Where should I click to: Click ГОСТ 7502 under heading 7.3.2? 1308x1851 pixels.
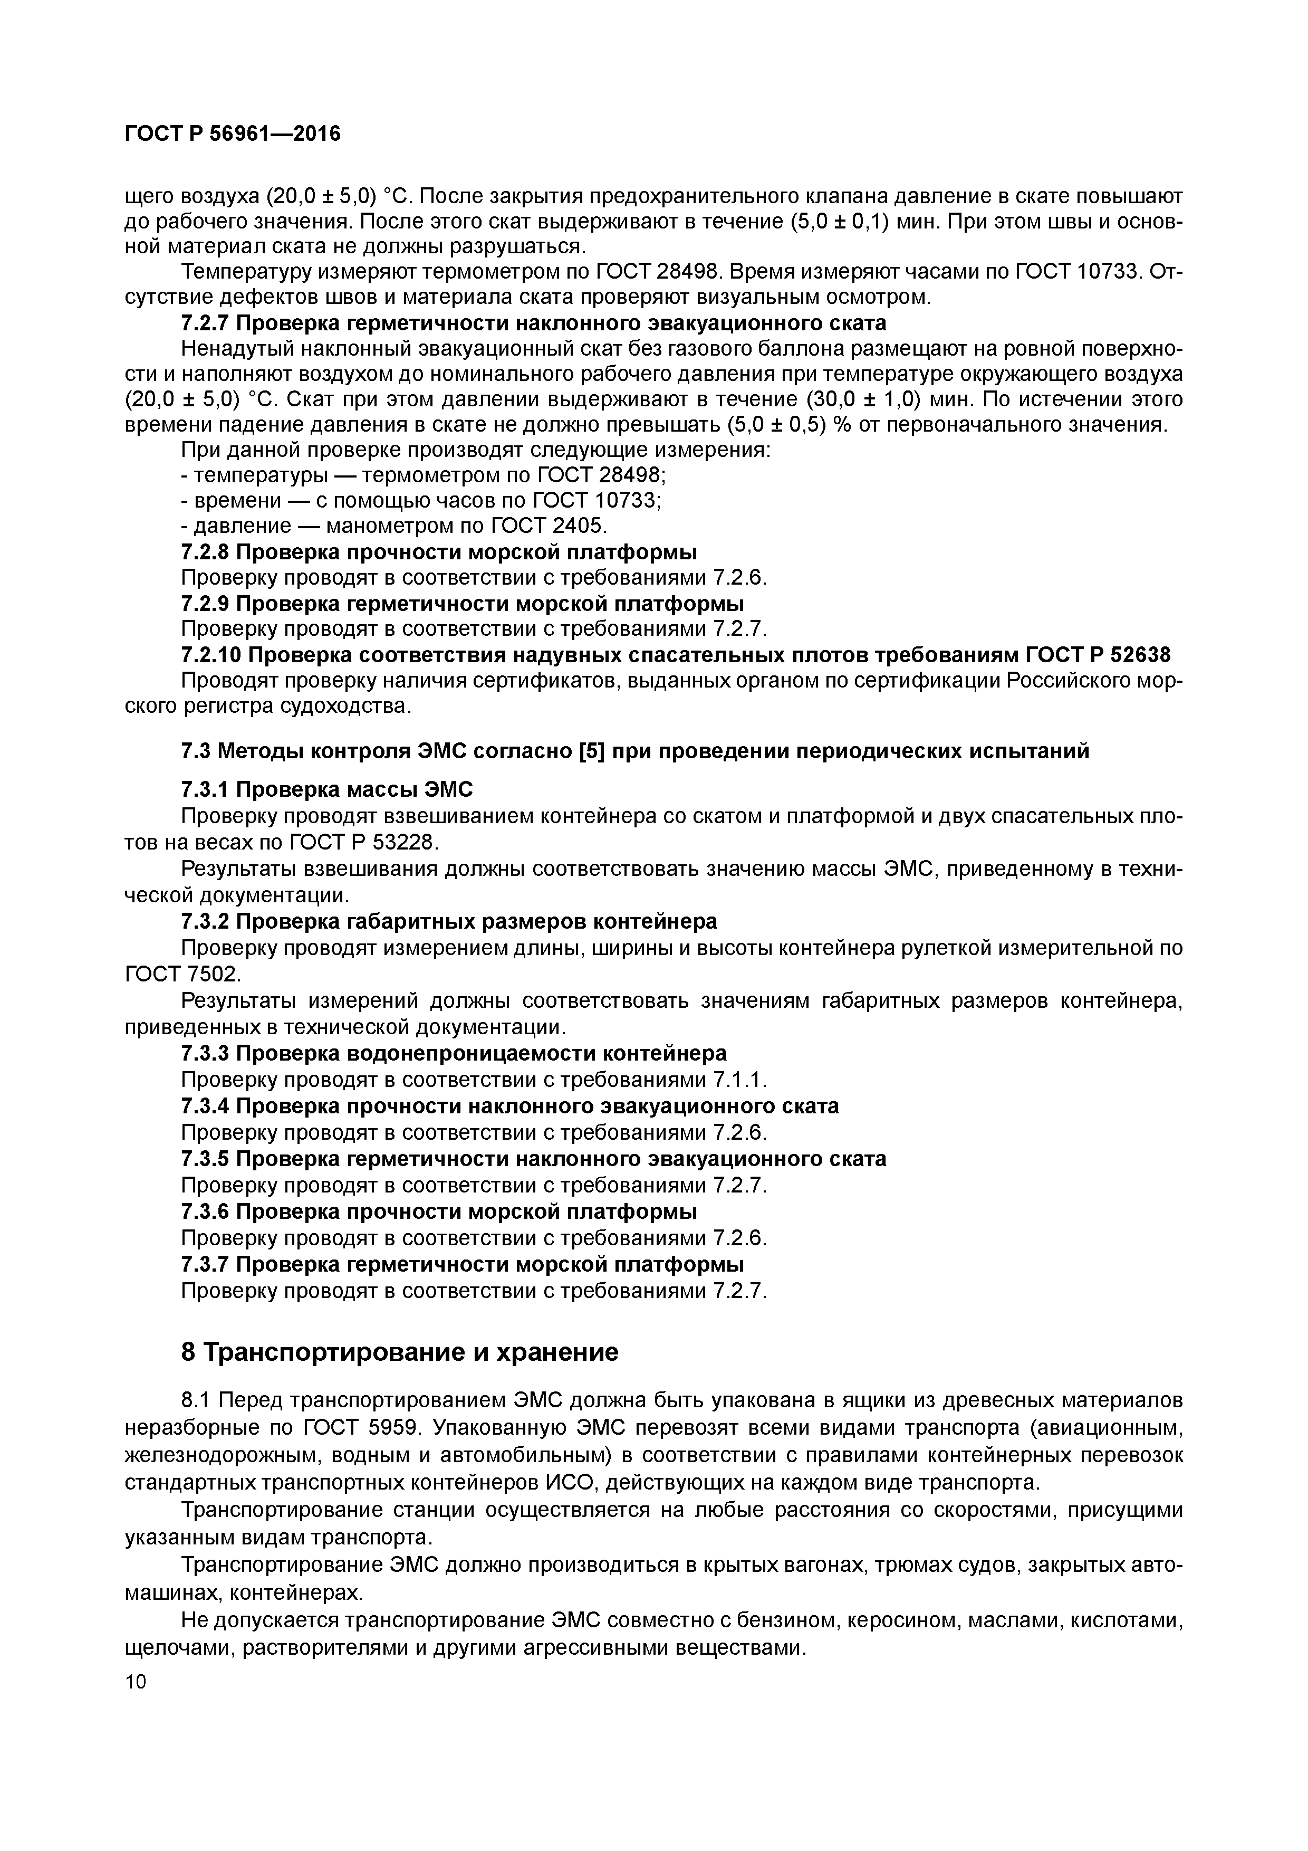[x=182, y=975]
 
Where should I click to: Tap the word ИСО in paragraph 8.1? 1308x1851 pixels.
[x=570, y=1483]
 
